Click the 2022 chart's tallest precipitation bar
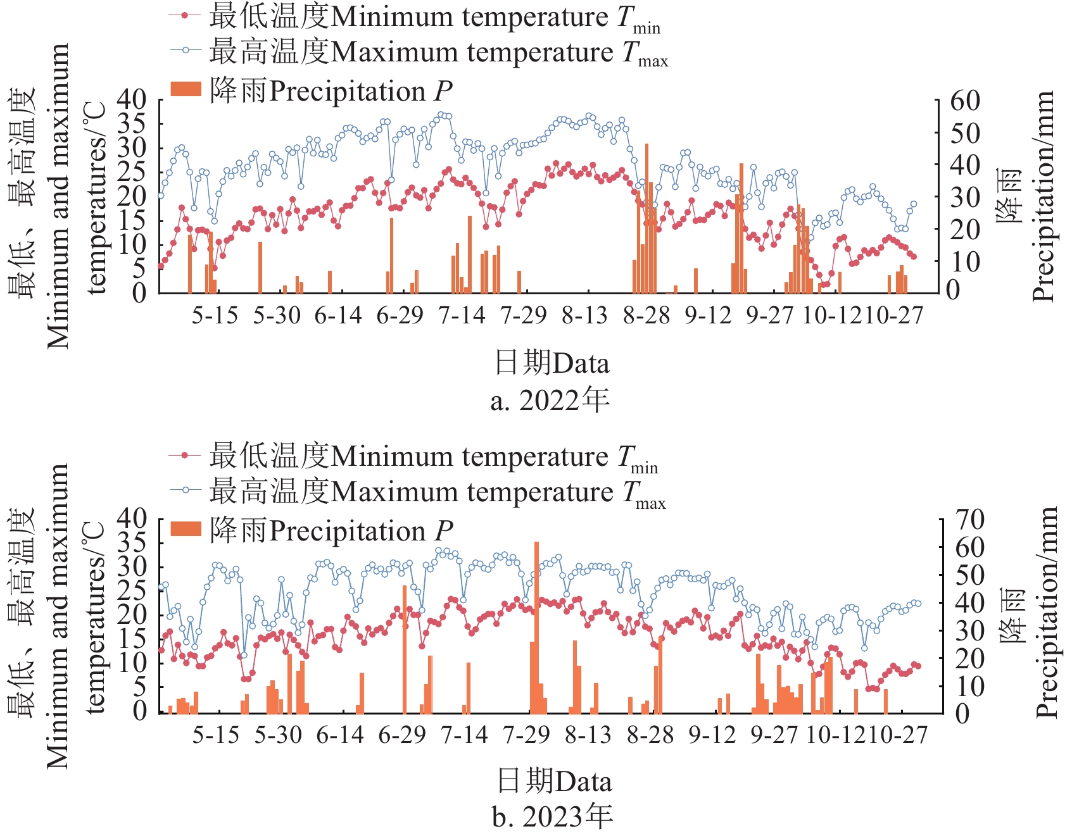[646, 218]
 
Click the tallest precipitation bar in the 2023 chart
[536, 627]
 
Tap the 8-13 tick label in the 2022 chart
[584, 315]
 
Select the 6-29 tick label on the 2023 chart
[402, 735]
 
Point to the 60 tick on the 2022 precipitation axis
[964, 101]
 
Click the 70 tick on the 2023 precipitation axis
[969, 520]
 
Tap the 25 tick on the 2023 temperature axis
[132, 590]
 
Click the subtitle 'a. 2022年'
[550, 401]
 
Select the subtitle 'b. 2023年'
[552, 817]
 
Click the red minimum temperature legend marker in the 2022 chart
[185, 16]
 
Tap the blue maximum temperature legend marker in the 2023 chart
[185, 490]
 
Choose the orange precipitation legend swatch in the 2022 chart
[186, 90]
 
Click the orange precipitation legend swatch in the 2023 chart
[186, 529]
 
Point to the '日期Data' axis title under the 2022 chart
[552, 364]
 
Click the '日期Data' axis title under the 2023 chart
[554, 781]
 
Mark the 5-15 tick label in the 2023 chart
[216, 735]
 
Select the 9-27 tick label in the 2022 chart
[769, 315]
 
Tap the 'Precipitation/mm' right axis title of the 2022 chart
[1043, 196]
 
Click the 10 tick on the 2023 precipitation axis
[969, 686]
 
